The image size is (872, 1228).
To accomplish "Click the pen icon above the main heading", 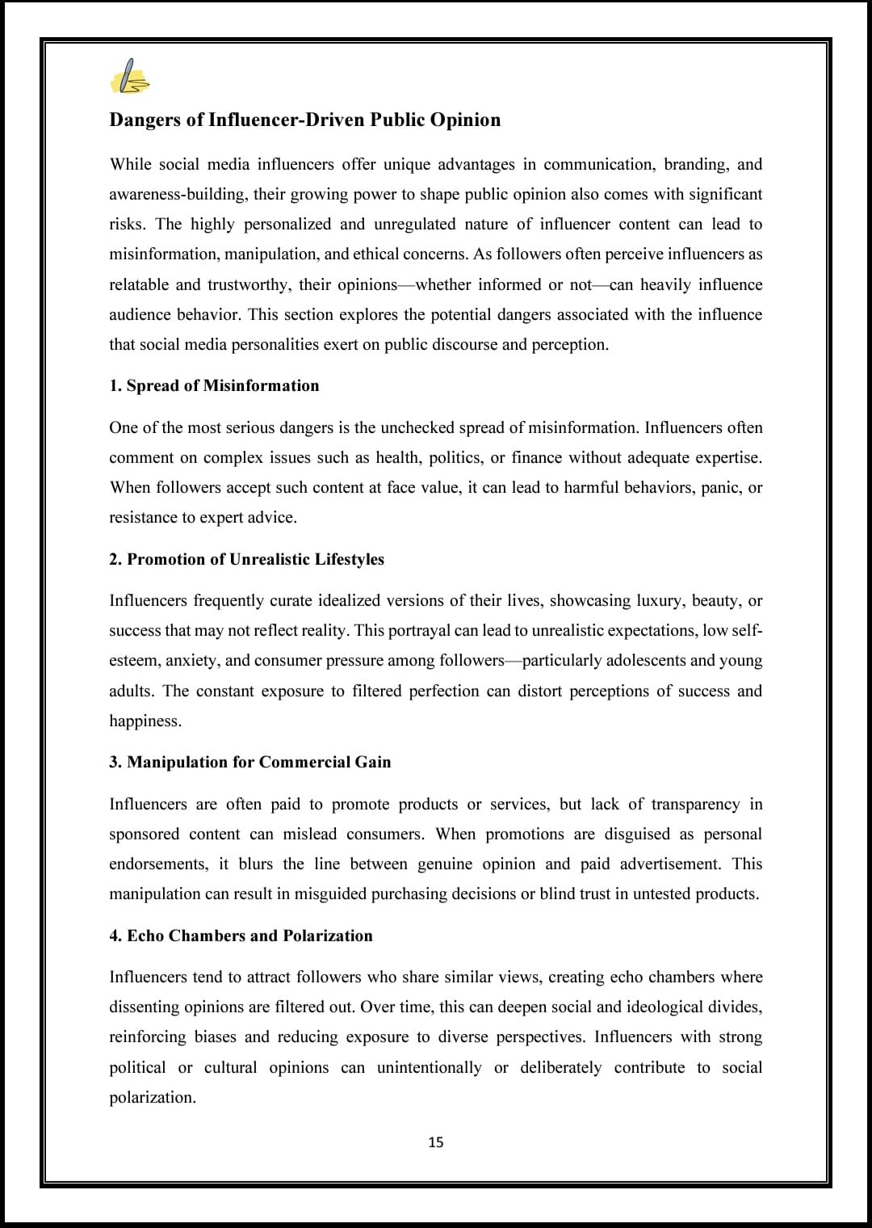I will [129, 77].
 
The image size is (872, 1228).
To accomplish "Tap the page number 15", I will [436, 1142].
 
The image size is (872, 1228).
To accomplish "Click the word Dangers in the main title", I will [145, 120].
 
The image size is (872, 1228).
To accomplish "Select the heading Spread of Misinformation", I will [223, 385].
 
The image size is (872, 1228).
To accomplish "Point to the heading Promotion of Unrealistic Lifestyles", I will [255, 559].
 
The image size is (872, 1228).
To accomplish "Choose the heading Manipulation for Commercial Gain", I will [258, 762].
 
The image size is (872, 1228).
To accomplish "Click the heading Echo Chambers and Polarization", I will [249, 936].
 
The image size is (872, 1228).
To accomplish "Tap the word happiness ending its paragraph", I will [145, 721].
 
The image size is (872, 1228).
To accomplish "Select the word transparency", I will [695, 804].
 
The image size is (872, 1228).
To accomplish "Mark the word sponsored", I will [144, 834].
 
